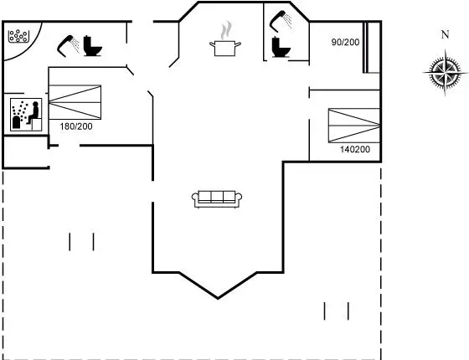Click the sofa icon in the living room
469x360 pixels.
pos(217,199)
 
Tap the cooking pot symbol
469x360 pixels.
pos(225,49)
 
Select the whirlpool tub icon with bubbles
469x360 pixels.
pos(18,36)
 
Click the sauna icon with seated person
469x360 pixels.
pos(26,115)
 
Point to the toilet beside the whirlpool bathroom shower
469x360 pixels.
pos(92,46)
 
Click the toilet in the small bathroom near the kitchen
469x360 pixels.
pos(281,47)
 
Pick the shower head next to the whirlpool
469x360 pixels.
pos(68,46)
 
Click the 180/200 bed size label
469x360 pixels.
pos(76,126)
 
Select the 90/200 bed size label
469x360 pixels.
pos(345,42)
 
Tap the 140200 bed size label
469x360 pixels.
pos(355,149)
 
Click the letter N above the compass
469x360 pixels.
pos(445,35)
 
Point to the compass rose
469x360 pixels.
pos(445,73)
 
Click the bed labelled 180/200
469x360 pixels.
pos(75,102)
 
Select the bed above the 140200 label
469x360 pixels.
pos(354,126)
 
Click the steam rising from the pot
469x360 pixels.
pos(226,30)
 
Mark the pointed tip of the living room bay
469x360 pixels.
pos(218,298)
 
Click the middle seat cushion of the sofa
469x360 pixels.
pos(217,197)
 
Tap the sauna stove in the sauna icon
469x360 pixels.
pos(16,122)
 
